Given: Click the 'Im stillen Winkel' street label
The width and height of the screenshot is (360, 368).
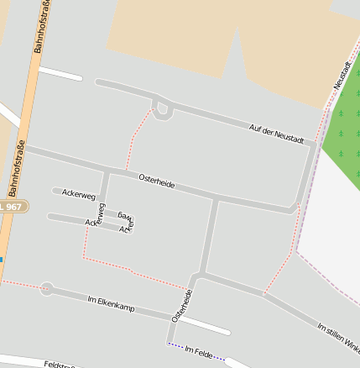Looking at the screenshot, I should pyautogui.click(x=339, y=336).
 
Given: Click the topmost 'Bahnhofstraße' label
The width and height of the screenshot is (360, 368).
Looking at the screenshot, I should pyautogui.click(x=39, y=28).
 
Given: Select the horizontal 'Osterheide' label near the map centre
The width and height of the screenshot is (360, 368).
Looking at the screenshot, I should pyautogui.click(x=157, y=180).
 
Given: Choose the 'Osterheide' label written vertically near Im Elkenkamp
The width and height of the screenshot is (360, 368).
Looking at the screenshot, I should pyautogui.click(x=182, y=306).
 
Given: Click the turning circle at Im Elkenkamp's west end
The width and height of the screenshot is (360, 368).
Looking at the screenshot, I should pyautogui.click(x=46, y=289).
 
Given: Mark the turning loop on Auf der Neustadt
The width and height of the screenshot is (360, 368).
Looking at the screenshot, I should pyautogui.click(x=162, y=109).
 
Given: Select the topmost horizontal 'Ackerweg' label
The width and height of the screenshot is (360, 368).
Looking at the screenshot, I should pyautogui.click(x=78, y=194).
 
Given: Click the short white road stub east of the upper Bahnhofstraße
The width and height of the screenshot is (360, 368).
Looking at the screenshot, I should pyautogui.click(x=60, y=73).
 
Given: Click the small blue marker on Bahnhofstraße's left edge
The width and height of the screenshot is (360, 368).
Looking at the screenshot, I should pyautogui.click(x=2, y=259).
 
